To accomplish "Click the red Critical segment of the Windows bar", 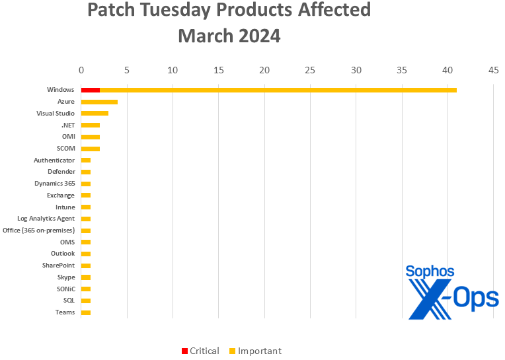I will coord(91,90).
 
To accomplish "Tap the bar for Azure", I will coord(99,102).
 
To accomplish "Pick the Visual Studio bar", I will coord(95,114).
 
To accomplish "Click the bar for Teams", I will coord(86,312).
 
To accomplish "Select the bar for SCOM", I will coord(91,149).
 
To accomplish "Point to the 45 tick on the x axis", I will coord(492,69).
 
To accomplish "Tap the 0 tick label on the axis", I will coord(81,69).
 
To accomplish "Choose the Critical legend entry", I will coord(200,351).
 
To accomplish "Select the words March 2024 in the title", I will coord(229,36).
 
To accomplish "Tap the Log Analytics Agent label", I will coord(46,219).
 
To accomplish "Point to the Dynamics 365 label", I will coord(54,183).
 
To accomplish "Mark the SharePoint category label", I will coord(58,266).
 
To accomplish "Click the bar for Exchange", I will coord(86,196).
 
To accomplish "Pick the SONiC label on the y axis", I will coord(64,289).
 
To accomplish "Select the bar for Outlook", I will coord(86,254).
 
